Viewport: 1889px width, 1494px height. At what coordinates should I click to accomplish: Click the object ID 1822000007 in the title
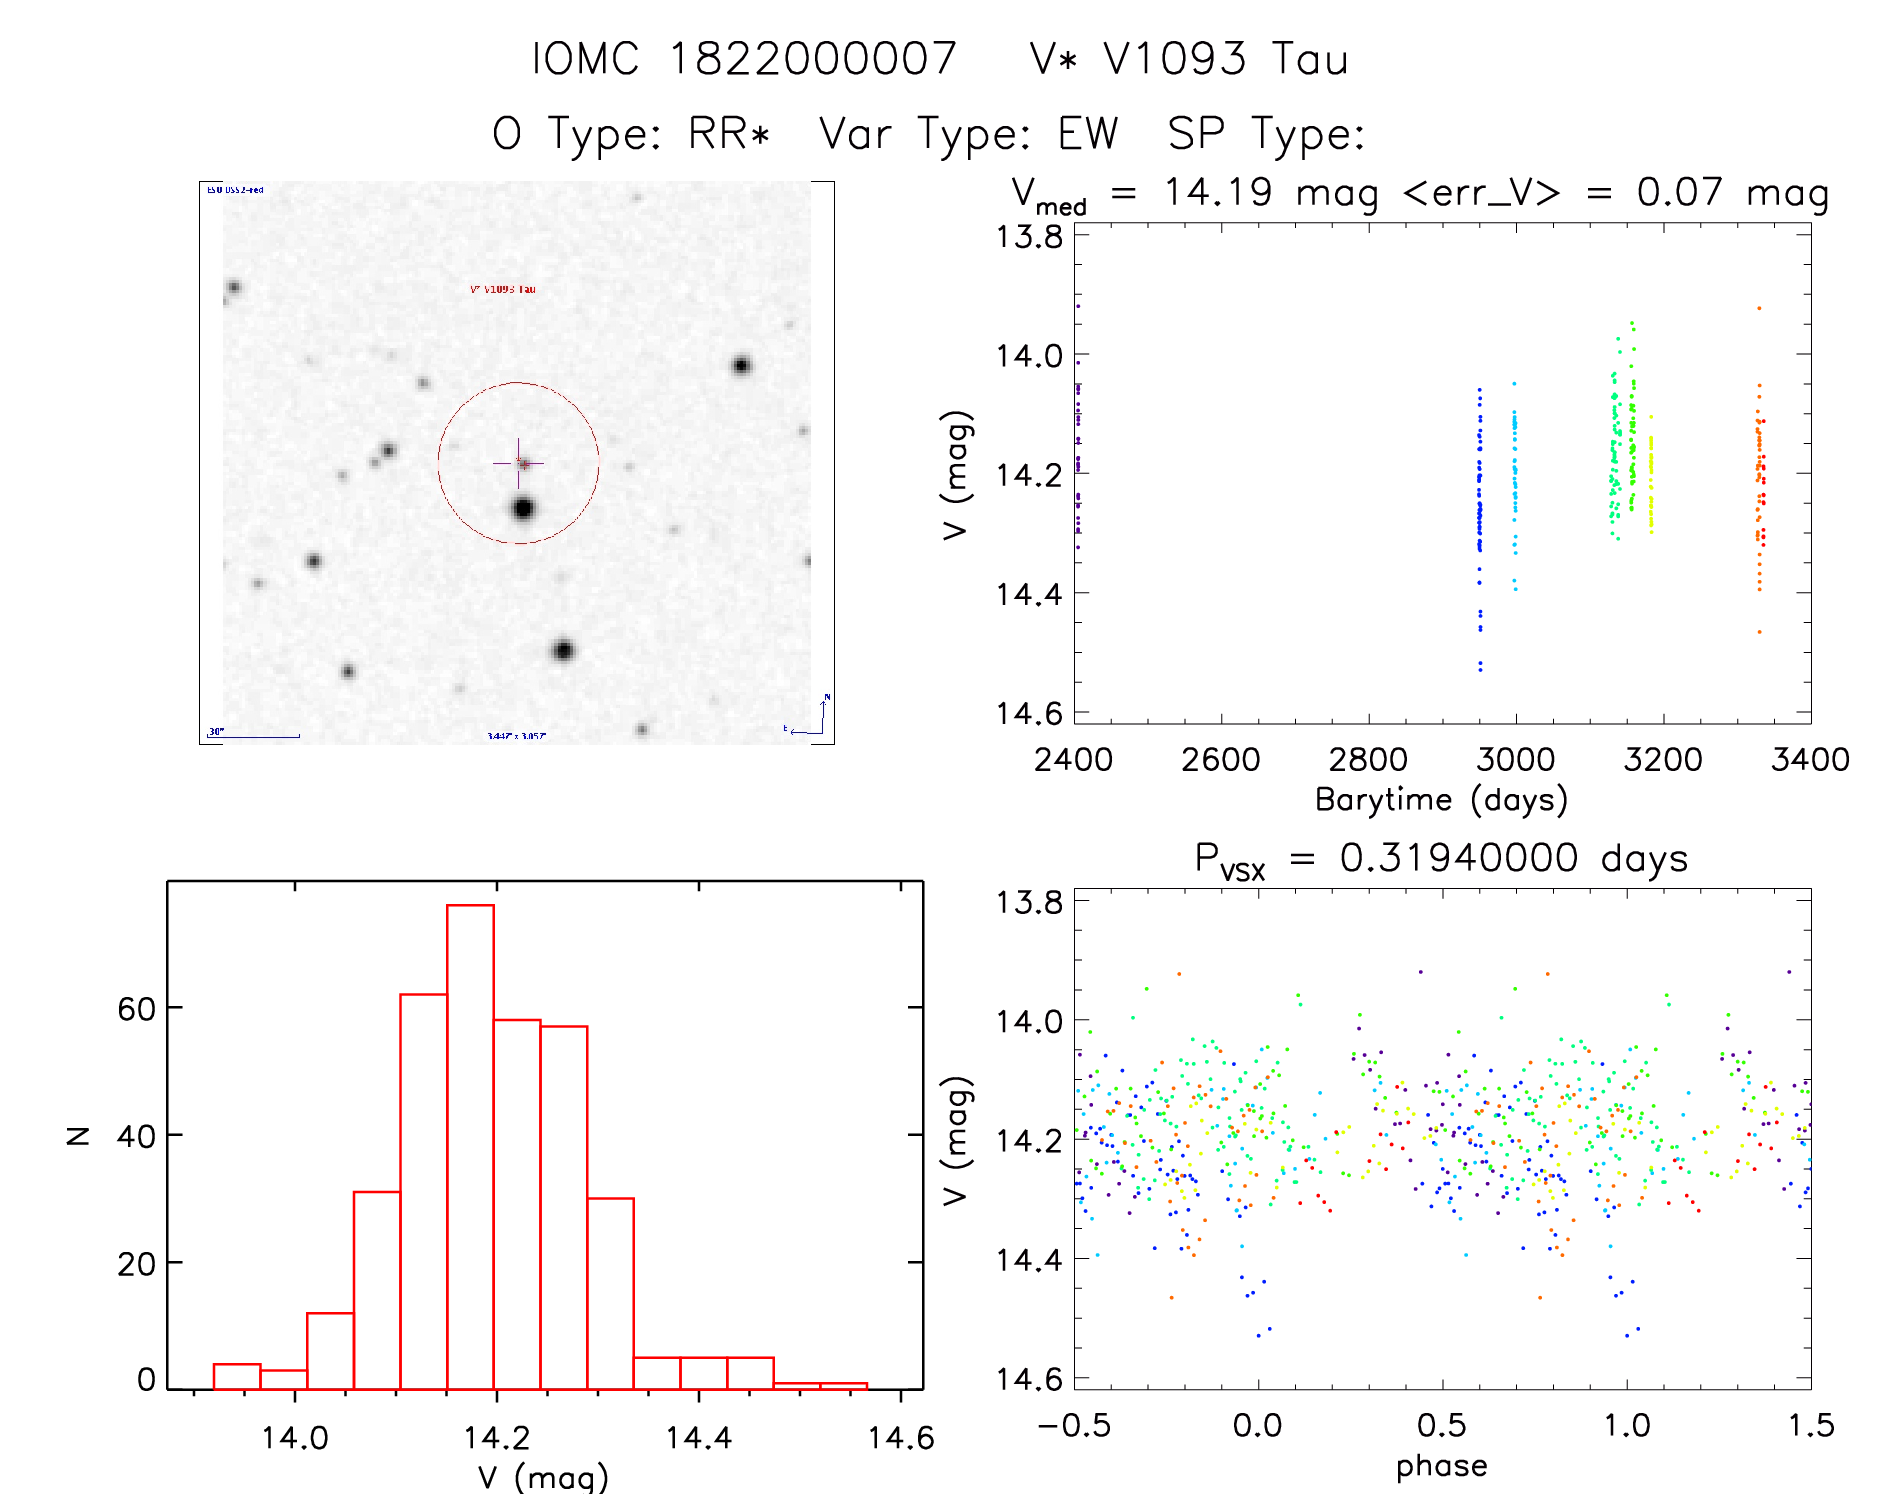812,59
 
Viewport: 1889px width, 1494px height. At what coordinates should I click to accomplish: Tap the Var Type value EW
1088,133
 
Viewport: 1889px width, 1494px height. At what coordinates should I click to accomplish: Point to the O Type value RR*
729,133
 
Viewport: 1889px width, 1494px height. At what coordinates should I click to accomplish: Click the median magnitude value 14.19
1217,191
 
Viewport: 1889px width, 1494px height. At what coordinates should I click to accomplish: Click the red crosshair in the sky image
519,463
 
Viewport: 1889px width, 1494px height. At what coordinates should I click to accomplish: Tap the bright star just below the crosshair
523,509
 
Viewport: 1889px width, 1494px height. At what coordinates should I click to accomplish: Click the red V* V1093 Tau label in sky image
503,289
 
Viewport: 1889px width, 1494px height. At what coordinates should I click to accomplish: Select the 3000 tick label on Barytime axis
1515,760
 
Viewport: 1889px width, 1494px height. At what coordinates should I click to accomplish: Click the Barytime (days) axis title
1441,800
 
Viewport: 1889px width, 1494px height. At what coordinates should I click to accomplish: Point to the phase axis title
1441,1466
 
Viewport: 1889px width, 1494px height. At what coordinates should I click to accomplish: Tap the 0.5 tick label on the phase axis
1441,1425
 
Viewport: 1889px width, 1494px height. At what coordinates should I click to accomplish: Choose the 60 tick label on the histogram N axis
136,1009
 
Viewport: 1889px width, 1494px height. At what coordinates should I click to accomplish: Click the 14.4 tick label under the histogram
698,1438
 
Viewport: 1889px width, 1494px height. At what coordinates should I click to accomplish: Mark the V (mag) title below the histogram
542,1476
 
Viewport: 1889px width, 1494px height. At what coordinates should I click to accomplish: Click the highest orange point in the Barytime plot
1759,309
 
